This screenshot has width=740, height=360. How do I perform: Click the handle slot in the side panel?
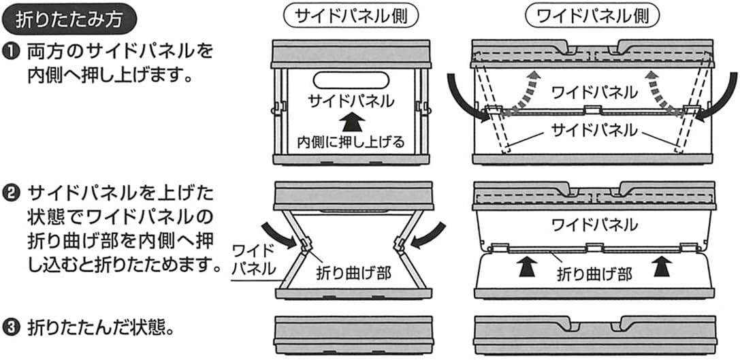point(351,79)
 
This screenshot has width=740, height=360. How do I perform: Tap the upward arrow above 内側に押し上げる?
point(351,122)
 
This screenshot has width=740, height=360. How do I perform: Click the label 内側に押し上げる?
point(351,142)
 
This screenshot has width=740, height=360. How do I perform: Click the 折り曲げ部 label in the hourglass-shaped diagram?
point(354,274)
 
